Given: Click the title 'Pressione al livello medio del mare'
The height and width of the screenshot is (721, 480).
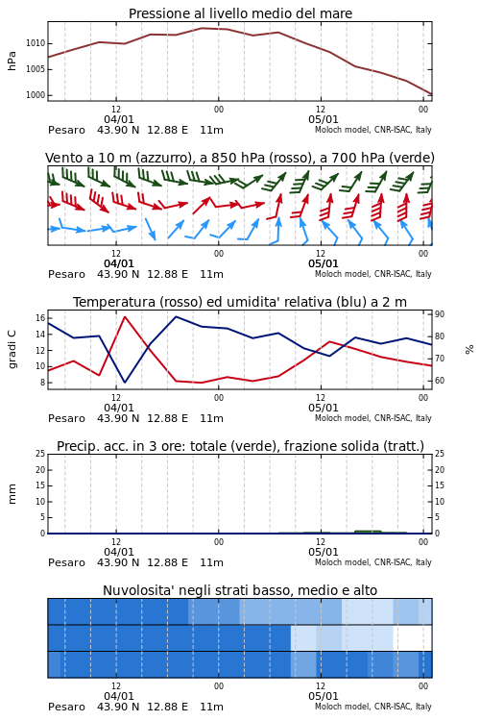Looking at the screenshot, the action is click(x=240, y=13).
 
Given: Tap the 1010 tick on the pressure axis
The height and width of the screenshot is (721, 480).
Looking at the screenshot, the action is click(x=36, y=43).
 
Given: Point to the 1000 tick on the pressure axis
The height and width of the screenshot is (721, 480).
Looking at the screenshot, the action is click(x=36, y=95).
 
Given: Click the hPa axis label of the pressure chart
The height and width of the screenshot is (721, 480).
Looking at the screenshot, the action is click(x=12, y=61).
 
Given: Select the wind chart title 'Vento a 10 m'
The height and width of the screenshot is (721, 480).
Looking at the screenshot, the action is click(x=87, y=158).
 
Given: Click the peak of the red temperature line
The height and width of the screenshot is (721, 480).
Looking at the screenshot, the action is click(x=125, y=316).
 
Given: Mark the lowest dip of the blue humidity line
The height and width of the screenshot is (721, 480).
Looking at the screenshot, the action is click(x=125, y=382).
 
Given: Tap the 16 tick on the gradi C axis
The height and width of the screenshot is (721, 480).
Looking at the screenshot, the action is click(x=40, y=318).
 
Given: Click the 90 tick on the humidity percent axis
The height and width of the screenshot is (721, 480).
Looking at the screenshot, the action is click(x=440, y=314).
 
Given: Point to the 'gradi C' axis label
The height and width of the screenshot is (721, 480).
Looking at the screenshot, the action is click(x=12, y=349).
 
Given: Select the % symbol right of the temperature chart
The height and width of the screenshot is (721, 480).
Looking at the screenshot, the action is click(x=469, y=350).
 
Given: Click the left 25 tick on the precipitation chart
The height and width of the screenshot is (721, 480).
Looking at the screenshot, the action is click(x=40, y=454).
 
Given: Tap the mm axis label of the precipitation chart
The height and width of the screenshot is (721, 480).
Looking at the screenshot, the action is click(x=12, y=494).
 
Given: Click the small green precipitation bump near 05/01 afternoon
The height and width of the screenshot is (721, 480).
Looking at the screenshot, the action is click(x=368, y=532).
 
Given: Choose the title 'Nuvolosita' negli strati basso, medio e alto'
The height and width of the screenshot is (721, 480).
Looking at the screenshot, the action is click(x=240, y=590).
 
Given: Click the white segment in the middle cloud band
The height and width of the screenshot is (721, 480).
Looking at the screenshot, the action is click(x=413, y=637).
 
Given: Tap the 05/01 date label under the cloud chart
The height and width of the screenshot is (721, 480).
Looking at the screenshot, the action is click(x=323, y=696).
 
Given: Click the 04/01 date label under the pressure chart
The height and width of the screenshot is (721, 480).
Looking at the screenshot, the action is click(x=118, y=119).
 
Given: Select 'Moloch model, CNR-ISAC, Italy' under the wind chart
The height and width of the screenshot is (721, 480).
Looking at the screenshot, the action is click(x=373, y=274).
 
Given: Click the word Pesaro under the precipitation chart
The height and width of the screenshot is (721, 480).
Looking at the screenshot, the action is click(x=66, y=562).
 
